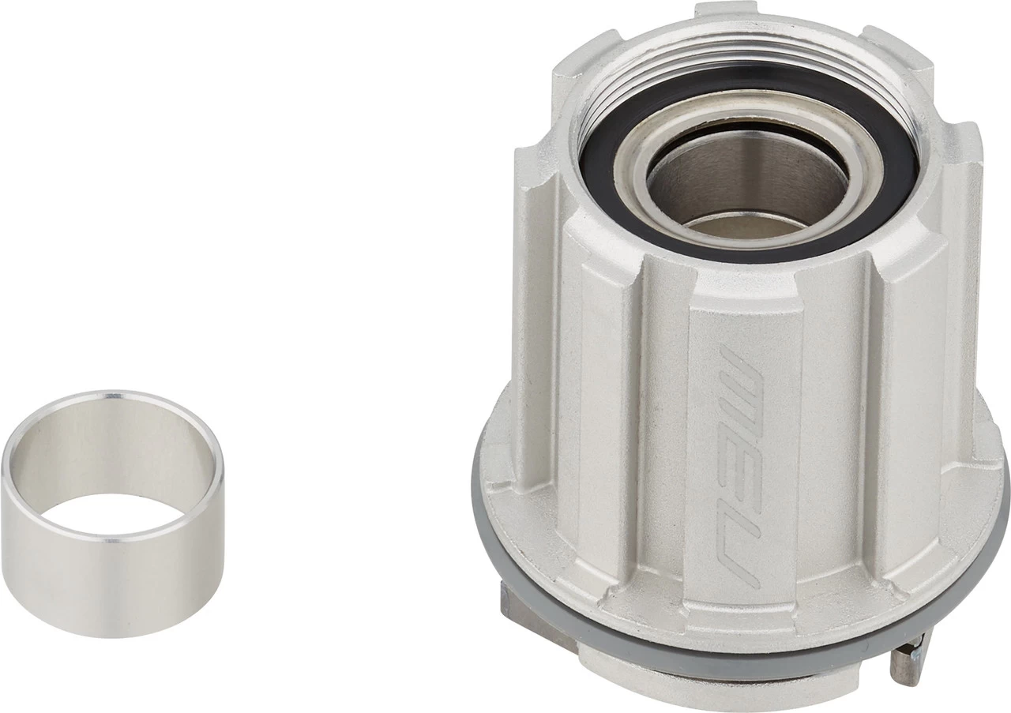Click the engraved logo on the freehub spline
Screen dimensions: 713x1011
[x=738, y=466]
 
